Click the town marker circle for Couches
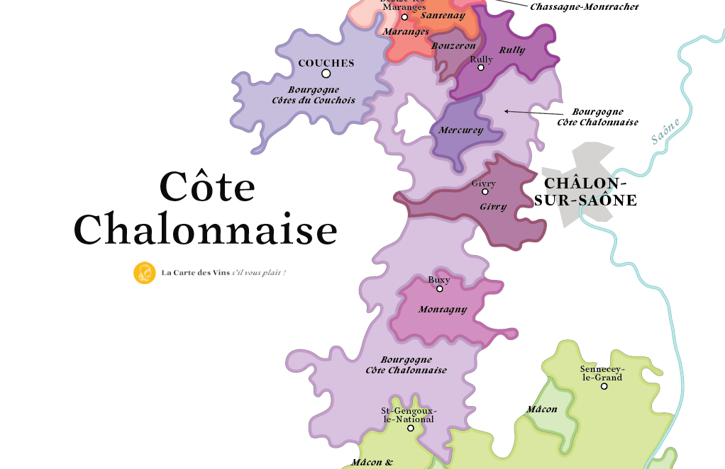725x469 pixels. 326,74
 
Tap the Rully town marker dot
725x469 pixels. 481,68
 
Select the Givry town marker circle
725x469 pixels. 485,192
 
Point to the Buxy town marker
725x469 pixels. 439,289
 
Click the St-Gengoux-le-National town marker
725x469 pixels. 410,428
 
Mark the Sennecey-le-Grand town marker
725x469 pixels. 604,386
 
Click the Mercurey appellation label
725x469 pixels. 460,130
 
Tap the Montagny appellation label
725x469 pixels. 443,310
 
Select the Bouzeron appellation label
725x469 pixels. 453,46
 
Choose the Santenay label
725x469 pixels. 443,15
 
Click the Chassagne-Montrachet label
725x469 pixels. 584,6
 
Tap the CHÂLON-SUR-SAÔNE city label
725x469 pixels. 585,192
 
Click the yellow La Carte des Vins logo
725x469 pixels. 145,273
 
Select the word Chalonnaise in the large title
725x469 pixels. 206,230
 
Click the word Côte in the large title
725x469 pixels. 207,186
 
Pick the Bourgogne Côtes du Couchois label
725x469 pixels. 314,95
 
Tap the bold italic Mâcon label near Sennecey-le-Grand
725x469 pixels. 541,409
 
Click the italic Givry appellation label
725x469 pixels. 493,207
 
